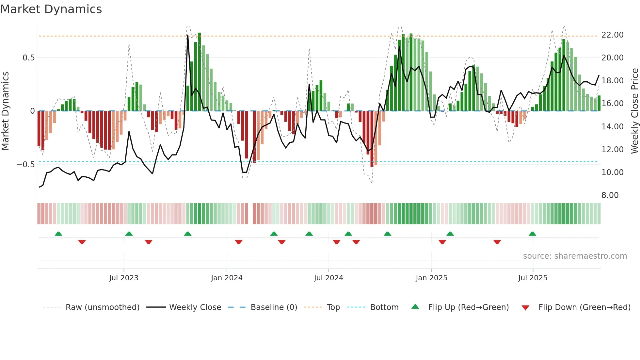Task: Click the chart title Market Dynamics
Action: [x=51, y=9]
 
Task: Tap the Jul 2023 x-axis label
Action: [x=123, y=278]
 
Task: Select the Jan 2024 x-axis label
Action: [x=227, y=278]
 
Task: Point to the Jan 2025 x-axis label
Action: [x=431, y=278]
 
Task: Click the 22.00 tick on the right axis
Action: [x=612, y=35]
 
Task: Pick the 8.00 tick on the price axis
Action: [x=610, y=195]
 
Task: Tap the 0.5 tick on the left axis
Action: [x=28, y=58]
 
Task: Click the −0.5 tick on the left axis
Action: [x=25, y=165]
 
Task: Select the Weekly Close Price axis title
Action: [x=634, y=111]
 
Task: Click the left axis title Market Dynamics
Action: [x=5, y=111]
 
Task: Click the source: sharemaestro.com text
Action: [x=575, y=256]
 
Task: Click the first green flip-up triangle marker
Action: [x=58, y=234]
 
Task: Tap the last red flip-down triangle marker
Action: [x=497, y=242]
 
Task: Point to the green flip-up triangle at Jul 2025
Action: [x=532, y=234]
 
